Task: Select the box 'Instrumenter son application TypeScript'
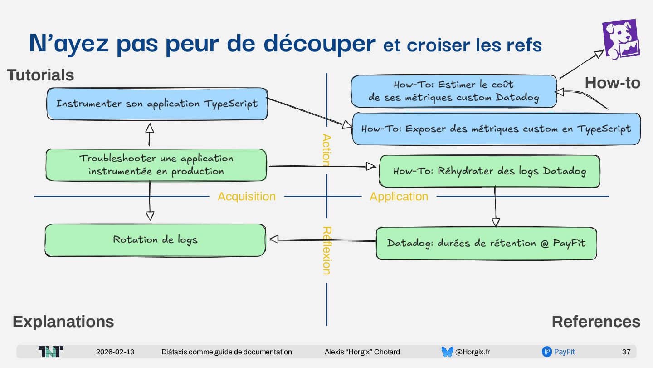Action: coord(157,104)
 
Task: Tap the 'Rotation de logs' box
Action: coord(155,239)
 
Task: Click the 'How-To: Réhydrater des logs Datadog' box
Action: coord(489,171)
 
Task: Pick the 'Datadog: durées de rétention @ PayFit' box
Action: coord(486,243)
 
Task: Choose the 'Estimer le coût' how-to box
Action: coord(453,91)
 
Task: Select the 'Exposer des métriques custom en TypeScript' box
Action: coord(496,129)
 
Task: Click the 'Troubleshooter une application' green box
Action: coord(156,164)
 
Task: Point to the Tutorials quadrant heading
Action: coord(40,75)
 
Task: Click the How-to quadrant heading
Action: coord(612,83)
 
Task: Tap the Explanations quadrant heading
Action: coord(63,322)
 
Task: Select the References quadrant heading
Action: coord(596,322)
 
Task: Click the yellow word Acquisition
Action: coord(247,196)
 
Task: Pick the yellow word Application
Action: coord(399,196)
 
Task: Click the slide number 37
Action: coord(626,352)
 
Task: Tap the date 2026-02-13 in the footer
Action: coord(115,352)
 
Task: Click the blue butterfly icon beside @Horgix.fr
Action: coord(447,352)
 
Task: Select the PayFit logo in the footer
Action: coord(559,352)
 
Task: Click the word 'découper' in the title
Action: coord(320,44)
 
